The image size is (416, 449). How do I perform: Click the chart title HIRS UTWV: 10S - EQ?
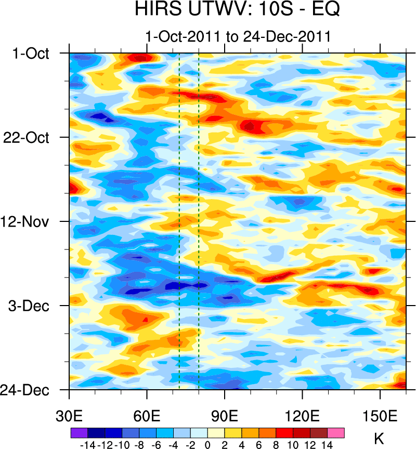click(237, 9)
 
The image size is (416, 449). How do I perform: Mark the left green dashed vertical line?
click(179, 218)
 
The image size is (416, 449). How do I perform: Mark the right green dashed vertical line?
click(199, 218)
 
